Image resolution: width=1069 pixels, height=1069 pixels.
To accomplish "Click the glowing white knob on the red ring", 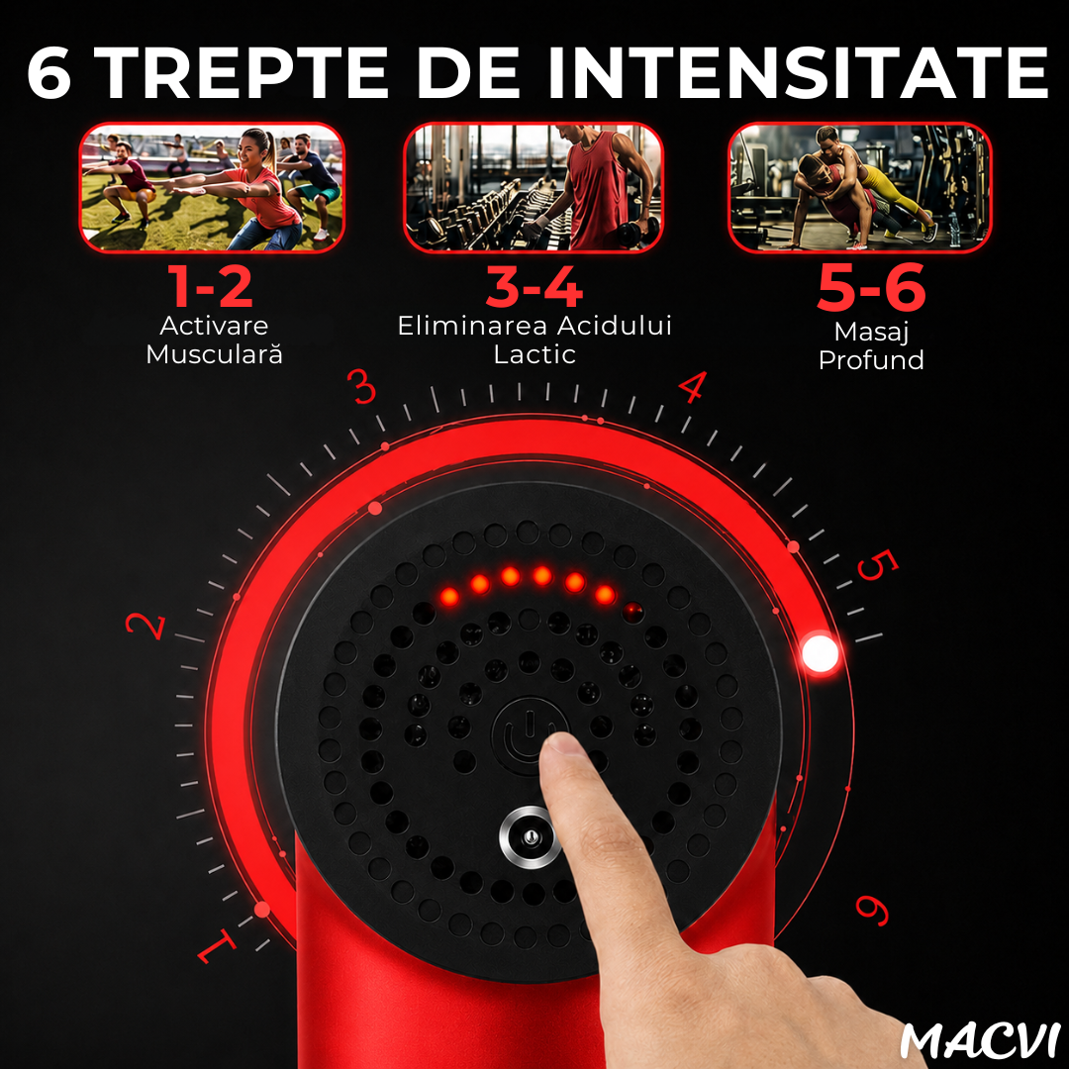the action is pyautogui.click(x=820, y=653).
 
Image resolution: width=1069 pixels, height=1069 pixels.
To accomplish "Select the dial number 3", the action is pyautogui.click(x=362, y=387).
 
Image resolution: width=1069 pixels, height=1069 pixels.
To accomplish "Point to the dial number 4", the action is pyautogui.click(x=692, y=387).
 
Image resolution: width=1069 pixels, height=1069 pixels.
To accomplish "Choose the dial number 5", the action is pyautogui.click(x=877, y=565).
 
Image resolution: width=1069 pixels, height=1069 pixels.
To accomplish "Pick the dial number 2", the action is pyautogui.click(x=146, y=626).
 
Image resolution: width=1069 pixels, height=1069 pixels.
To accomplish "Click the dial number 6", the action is pyautogui.click(x=873, y=910).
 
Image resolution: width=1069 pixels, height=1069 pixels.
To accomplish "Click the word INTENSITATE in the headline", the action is pyautogui.click(x=796, y=72).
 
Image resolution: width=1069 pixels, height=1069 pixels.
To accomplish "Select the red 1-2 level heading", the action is pyautogui.click(x=211, y=287).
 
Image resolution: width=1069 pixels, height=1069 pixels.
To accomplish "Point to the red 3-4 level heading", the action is pyautogui.click(x=534, y=287).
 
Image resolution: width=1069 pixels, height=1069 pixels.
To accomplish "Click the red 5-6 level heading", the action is pyautogui.click(x=871, y=287).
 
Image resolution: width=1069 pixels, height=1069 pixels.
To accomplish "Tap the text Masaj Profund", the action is pyautogui.click(x=871, y=345).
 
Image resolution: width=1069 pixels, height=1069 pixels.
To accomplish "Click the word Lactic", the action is pyautogui.click(x=534, y=354).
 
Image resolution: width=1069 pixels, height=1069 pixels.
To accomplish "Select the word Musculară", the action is pyautogui.click(x=214, y=354).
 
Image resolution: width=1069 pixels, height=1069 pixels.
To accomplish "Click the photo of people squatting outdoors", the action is pyautogui.click(x=212, y=187).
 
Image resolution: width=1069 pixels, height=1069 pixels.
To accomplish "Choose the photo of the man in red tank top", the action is pyautogui.click(x=534, y=187).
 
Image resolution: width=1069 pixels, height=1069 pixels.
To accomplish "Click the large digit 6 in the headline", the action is pyautogui.click(x=49, y=72).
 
